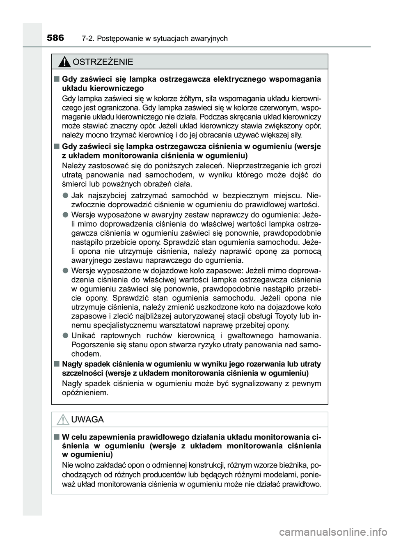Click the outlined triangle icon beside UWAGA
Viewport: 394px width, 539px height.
coord(63,420)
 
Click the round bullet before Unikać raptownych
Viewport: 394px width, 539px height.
coord(65,335)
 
